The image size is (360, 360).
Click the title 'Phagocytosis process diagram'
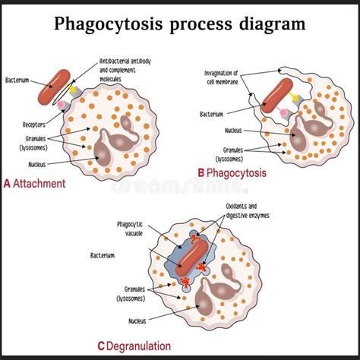(x=179, y=23)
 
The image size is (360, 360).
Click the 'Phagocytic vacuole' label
(x=134, y=228)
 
